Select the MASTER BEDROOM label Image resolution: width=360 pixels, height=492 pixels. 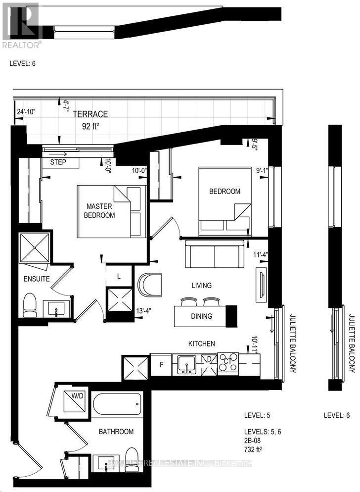[x=100, y=211]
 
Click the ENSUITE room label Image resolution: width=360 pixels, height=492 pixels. [x=37, y=279]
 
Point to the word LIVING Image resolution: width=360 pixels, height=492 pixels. [x=202, y=286]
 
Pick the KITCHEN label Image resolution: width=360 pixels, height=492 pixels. [x=201, y=343]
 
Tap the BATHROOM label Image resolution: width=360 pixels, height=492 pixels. [x=116, y=432]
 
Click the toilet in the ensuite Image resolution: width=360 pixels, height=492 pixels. [x=30, y=305]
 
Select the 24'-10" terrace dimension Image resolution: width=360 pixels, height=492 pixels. [x=26, y=111]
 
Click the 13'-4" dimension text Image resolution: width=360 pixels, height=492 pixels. [x=143, y=311]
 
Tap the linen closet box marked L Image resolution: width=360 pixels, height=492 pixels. [x=120, y=275]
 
